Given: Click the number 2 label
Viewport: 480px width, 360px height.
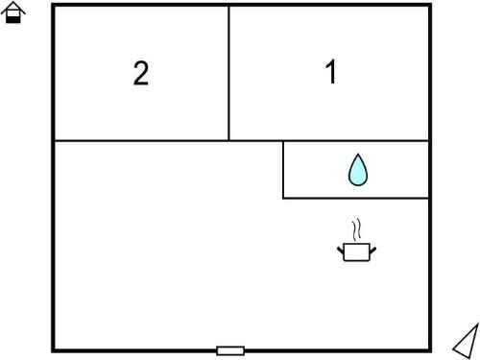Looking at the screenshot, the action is click(141, 73).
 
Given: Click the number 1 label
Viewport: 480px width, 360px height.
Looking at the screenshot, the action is click(330, 71).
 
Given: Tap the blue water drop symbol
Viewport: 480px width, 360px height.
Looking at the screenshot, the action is click(358, 170).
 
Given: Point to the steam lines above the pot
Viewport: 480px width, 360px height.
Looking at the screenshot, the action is click(357, 229).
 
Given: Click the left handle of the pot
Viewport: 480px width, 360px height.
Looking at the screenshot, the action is click(341, 250).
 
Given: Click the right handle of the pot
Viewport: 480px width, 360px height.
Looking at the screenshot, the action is click(372, 250).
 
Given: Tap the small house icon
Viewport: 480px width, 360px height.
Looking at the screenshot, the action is click(13, 12).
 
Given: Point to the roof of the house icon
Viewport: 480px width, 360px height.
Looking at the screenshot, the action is click(13, 8).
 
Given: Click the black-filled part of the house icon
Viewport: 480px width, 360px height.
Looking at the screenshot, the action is click(13, 19).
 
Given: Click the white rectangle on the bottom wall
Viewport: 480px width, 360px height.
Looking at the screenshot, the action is click(230, 350).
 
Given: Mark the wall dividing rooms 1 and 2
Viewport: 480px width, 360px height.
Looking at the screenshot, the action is click(228, 73).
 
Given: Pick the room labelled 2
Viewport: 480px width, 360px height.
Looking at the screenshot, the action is click(141, 73).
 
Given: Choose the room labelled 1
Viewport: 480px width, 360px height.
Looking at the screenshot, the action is click(329, 73).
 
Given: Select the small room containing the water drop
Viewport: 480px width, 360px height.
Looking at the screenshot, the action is click(356, 170).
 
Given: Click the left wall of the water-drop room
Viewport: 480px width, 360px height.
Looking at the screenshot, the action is click(283, 170).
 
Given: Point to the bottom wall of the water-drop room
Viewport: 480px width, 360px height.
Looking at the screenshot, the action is click(356, 199).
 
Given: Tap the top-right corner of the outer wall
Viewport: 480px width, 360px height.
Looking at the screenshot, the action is click(430, 5).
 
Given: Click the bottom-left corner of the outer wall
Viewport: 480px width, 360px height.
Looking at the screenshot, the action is click(54, 350).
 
